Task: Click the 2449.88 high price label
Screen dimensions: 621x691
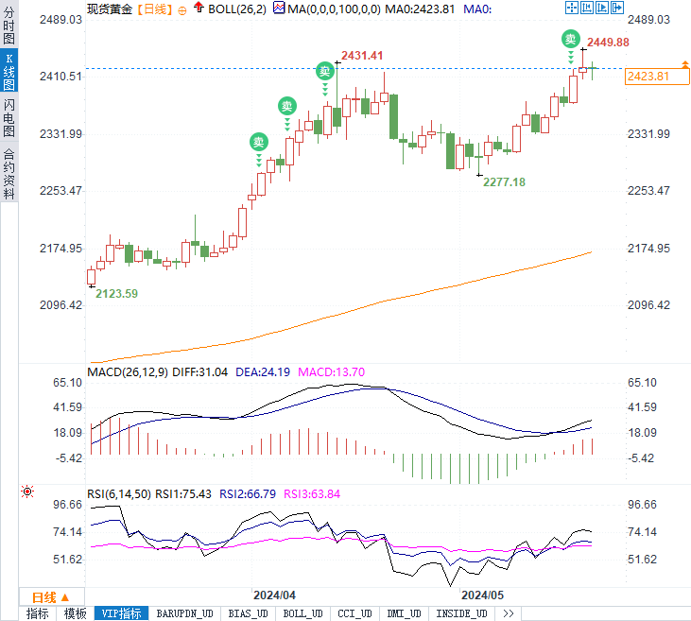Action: pos(608,43)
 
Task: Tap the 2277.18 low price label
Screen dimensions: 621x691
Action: pos(504,181)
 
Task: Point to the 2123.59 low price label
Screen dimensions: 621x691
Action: pos(117,294)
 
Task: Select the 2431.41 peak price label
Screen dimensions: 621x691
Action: pos(362,56)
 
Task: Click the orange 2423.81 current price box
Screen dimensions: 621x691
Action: pos(648,76)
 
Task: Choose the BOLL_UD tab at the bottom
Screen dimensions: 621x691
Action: pos(302,613)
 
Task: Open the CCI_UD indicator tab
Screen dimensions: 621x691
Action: pos(355,613)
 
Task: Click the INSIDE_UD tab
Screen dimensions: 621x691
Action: pos(462,613)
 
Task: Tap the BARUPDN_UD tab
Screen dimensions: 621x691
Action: pos(185,613)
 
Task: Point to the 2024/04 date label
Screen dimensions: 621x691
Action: pos(274,595)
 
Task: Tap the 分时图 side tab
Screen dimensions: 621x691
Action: pos(9,24)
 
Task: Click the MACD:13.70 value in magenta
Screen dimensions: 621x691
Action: pos(331,372)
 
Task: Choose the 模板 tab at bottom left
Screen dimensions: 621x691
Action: pos(75,613)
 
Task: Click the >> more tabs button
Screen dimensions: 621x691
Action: pos(508,613)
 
